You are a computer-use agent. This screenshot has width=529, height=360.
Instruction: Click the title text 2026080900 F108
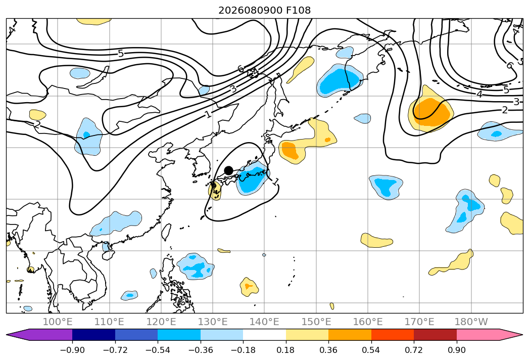click(x=265, y=11)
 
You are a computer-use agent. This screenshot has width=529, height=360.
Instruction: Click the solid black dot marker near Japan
click(x=228, y=170)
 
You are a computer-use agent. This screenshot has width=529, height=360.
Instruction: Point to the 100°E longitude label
click(x=58, y=322)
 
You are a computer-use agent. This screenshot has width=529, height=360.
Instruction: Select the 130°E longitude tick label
click(x=213, y=322)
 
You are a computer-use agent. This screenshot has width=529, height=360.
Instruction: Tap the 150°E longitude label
click(x=316, y=322)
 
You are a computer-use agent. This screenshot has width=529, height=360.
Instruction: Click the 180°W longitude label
click(x=471, y=322)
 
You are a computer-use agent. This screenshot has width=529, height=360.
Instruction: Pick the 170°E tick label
click(x=419, y=322)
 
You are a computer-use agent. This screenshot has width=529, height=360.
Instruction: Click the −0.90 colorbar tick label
click(x=72, y=350)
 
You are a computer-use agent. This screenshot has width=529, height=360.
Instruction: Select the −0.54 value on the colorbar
click(x=158, y=350)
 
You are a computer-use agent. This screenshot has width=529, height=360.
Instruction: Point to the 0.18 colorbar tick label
click(x=286, y=350)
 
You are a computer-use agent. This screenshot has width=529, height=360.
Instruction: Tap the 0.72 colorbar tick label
click(x=414, y=350)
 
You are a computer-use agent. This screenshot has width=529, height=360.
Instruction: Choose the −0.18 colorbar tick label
click(x=243, y=350)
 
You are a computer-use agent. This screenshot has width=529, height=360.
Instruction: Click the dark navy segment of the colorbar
click(x=94, y=334)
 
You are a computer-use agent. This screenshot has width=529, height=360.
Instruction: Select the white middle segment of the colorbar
click(x=265, y=334)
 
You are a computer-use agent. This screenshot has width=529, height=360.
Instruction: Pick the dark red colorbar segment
click(x=435, y=334)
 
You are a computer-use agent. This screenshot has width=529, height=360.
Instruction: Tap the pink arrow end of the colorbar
click(x=489, y=334)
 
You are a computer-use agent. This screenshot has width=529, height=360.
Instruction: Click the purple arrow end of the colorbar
click(x=39, y=334)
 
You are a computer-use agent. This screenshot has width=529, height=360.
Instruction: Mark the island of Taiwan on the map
click(x=166, y=232)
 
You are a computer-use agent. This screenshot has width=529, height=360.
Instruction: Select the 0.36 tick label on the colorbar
click(x=328, y=350)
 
